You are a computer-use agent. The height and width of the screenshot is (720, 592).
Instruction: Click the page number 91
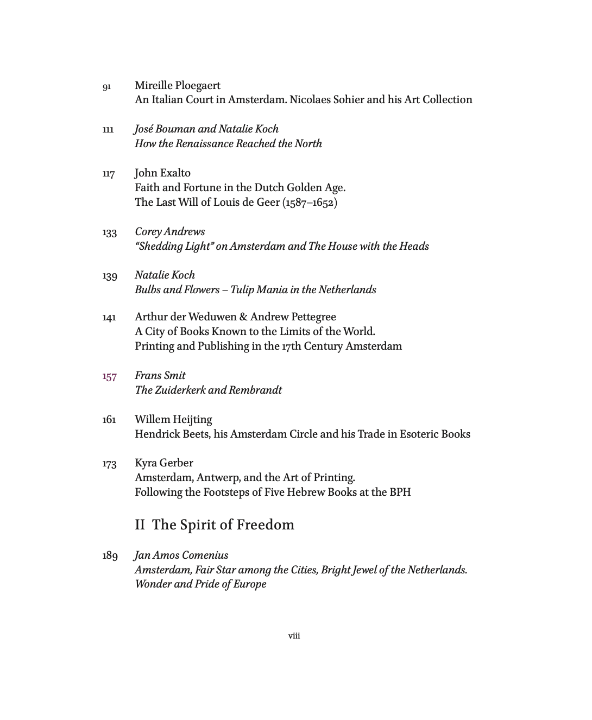(106, 86)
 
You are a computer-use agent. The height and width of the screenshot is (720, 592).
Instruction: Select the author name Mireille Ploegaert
(178, 85)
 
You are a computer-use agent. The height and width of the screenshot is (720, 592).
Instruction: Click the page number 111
(108, 130)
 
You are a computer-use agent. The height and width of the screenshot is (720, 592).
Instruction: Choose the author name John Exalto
(162, 173)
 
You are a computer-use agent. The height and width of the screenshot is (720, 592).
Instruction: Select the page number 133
(109, 232)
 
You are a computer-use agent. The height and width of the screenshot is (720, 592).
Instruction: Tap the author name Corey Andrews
(170, 231)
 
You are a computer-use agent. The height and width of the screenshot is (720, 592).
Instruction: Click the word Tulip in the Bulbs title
(242, 289)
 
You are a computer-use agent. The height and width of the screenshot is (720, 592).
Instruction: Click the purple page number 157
(109, 376)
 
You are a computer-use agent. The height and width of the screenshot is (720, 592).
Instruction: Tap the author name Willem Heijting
(173, 419)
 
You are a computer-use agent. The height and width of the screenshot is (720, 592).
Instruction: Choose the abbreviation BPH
(400, 492)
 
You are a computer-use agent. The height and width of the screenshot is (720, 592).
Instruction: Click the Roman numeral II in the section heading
(140, 525)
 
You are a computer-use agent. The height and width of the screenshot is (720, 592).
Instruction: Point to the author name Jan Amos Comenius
(181, 555)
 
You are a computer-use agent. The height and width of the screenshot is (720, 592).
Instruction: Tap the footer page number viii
(294, 635)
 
